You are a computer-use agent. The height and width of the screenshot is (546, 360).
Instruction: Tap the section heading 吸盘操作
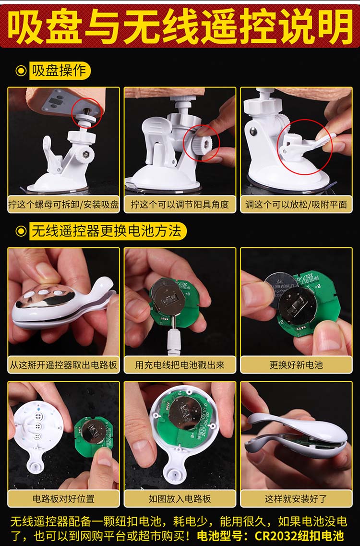59,71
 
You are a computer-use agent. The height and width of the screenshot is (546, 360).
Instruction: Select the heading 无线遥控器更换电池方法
107,231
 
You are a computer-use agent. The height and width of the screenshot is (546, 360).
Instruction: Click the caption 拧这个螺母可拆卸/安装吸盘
63,205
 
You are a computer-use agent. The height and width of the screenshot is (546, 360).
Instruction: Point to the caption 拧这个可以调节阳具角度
180,205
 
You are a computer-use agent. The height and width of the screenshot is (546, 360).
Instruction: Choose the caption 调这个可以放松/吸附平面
296,205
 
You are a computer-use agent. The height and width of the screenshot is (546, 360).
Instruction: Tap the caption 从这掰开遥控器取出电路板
63,365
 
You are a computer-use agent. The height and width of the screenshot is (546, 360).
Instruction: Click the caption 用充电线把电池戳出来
180,365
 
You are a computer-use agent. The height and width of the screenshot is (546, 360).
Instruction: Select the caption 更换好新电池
296,365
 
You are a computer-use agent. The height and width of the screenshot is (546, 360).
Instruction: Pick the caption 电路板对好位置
63,498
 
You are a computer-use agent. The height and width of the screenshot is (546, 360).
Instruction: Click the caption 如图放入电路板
180,498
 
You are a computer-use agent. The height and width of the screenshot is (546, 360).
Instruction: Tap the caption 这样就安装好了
296,498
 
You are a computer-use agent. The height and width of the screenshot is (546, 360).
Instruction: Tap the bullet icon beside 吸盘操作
21,71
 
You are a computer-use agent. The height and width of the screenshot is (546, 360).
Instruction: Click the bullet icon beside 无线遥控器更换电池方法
21,231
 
